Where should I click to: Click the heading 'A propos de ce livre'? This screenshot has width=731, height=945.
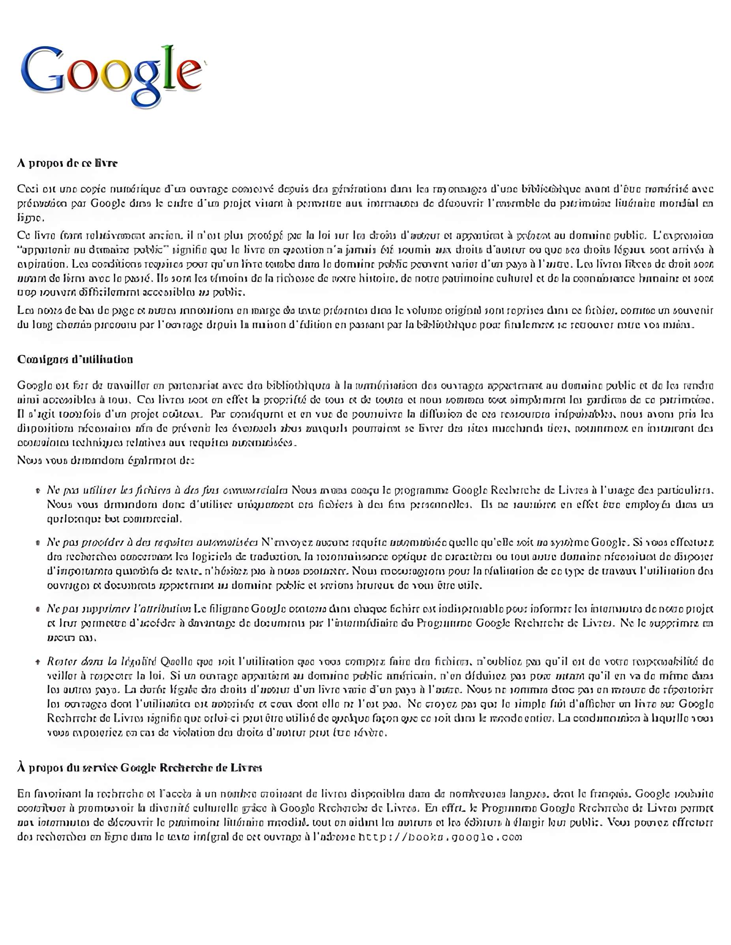pos(67,163)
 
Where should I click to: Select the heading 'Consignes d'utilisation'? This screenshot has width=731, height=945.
pos(75,360)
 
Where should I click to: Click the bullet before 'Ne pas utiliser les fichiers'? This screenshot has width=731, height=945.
pos(39,491)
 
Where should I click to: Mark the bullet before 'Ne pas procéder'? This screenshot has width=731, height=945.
pos(39,543)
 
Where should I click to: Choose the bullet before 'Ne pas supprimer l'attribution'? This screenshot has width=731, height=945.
pos(39,609)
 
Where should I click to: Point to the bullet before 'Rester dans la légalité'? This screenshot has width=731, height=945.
pos(39,661)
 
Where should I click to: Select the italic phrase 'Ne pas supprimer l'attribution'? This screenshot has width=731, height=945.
pos(119,609)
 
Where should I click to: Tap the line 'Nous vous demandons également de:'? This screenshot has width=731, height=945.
pos(106,460)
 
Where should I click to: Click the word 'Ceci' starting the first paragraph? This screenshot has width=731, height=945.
pos(28,189)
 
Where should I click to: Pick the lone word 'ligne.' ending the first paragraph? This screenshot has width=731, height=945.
pos(30,218)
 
